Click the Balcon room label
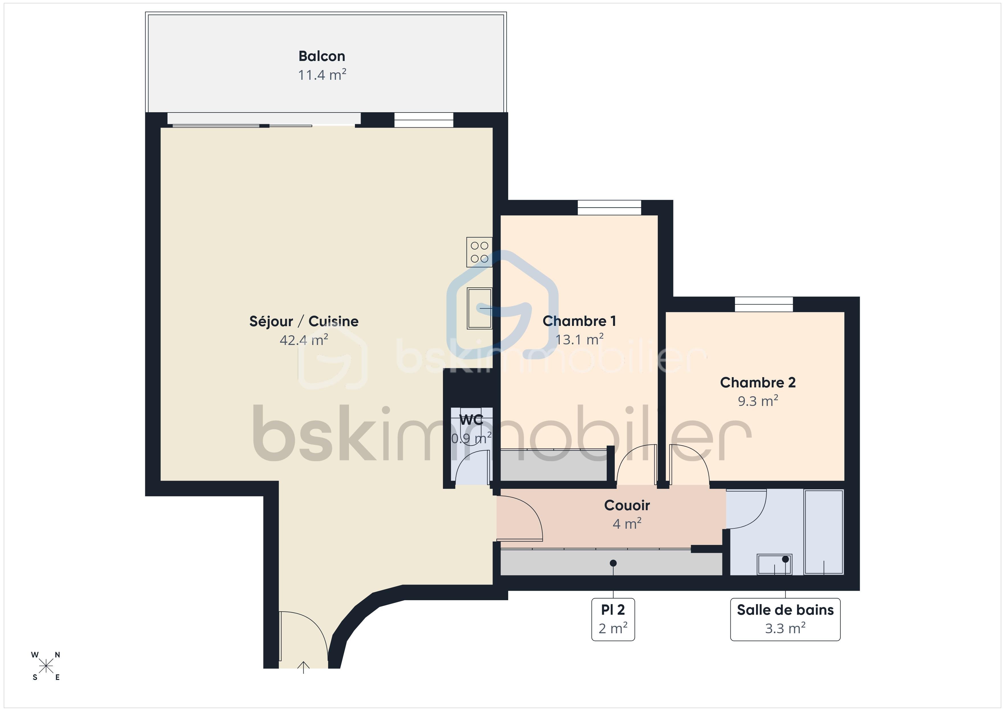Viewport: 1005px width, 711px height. click(322, 56)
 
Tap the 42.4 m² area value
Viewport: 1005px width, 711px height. click(304, 340)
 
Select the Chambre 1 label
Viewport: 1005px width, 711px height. click(579, 321)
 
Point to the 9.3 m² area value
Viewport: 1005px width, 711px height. click(758, 401)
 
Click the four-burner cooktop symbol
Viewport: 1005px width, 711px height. click(479, 252)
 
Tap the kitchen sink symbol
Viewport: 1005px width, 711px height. click(479, 308)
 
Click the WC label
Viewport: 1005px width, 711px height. click(471, 420)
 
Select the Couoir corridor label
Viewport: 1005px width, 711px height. click(627, 505)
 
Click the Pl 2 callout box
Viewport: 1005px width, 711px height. click(613, 619)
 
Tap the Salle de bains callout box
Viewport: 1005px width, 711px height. click(785, 619)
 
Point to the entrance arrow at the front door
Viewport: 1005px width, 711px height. click(303, 667)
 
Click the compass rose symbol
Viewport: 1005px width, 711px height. click(46, 666)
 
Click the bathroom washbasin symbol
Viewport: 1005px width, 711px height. click(774, 564)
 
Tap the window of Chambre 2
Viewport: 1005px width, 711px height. click(763, 304)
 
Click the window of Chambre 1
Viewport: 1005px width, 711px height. click(609, 208)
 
